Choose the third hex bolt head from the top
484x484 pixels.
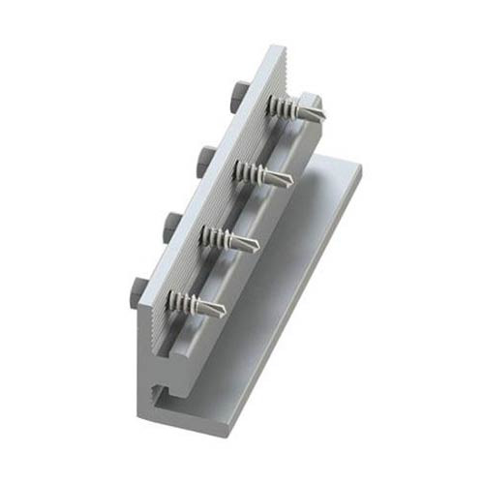point(171,222)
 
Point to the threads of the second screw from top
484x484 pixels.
point(253,170)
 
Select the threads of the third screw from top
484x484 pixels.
point(220,234)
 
